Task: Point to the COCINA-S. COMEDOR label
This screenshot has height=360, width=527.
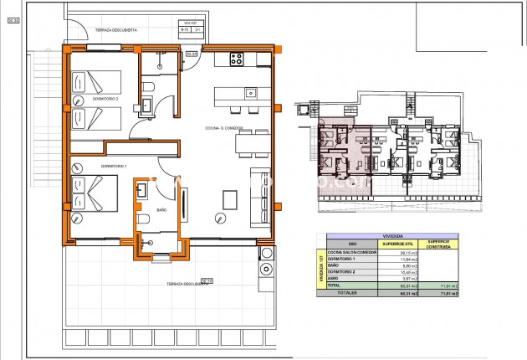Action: tap(224, 128)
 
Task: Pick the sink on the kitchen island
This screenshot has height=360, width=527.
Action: tap(249, 92)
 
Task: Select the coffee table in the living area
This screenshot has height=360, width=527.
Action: tap(231, 200)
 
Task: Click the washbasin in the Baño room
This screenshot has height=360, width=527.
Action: tap(141, 191)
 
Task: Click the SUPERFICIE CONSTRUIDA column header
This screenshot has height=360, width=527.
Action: tap(439, 244)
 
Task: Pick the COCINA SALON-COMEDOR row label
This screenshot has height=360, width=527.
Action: tap(352, 253)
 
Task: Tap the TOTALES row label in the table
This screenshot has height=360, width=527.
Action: tap(348, 293)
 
